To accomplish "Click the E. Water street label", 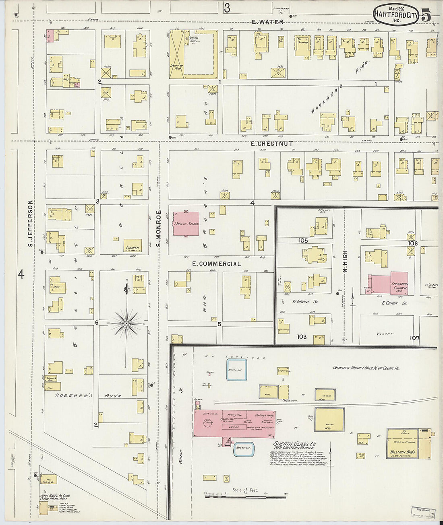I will click(267, 22).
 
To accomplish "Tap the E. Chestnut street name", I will click(272, 144).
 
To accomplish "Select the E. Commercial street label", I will click(216, 264).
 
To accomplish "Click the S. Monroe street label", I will click(159, 228).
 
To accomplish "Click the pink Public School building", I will click(186, 224).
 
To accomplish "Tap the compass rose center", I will click(126, 323).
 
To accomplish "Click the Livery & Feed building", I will click(176, 55).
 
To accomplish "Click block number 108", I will click(302, 337).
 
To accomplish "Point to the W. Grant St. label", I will click(304, 301).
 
